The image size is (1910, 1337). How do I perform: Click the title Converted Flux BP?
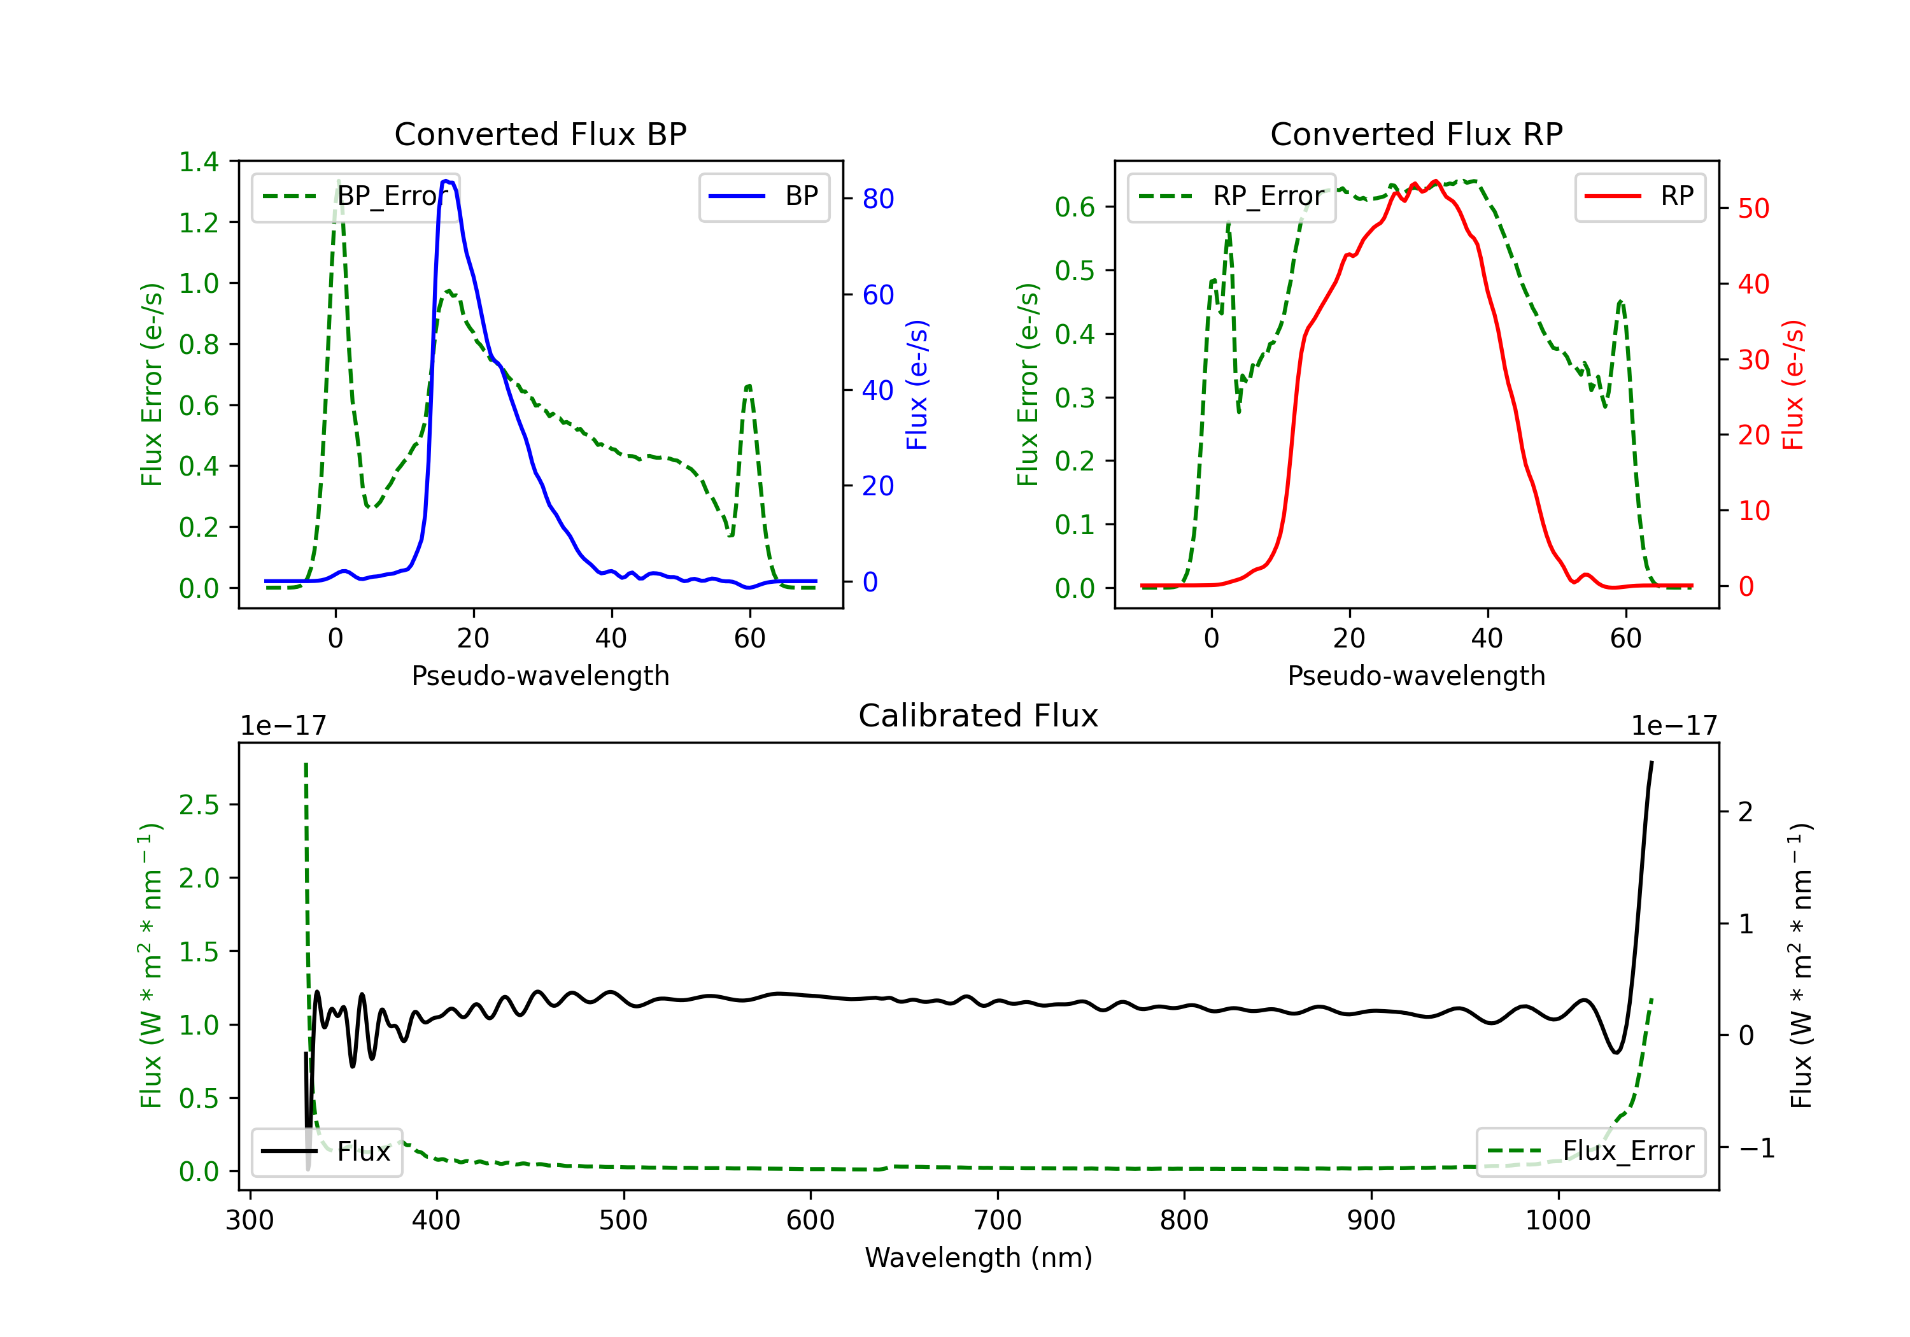coord(540,134)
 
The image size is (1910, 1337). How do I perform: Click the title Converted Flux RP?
coord(1416,134)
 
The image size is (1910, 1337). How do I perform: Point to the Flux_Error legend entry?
coord(1590,1152)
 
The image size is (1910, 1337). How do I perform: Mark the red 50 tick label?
coord(1753,209)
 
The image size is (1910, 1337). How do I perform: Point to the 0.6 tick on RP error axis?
coord(1075,207)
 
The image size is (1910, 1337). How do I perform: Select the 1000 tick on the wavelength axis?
coord(1557,1220)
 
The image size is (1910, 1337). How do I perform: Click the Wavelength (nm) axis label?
coord(979,1258)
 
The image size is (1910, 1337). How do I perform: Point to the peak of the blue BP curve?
coord(448,181)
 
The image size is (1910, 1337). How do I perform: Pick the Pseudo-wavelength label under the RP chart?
coord(1416,676)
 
